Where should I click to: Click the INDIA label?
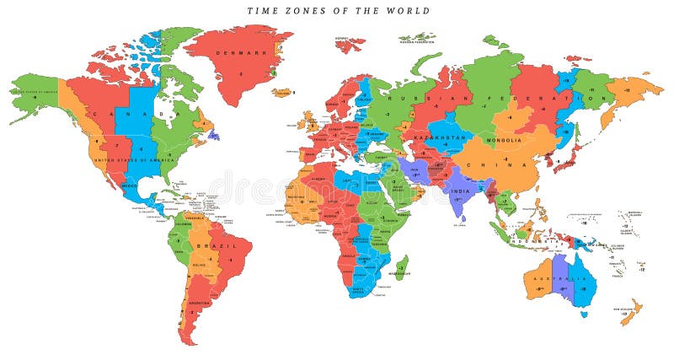[461, 191]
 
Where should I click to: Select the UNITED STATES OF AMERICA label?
[126, 160]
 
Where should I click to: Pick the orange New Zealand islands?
[629, 313]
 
